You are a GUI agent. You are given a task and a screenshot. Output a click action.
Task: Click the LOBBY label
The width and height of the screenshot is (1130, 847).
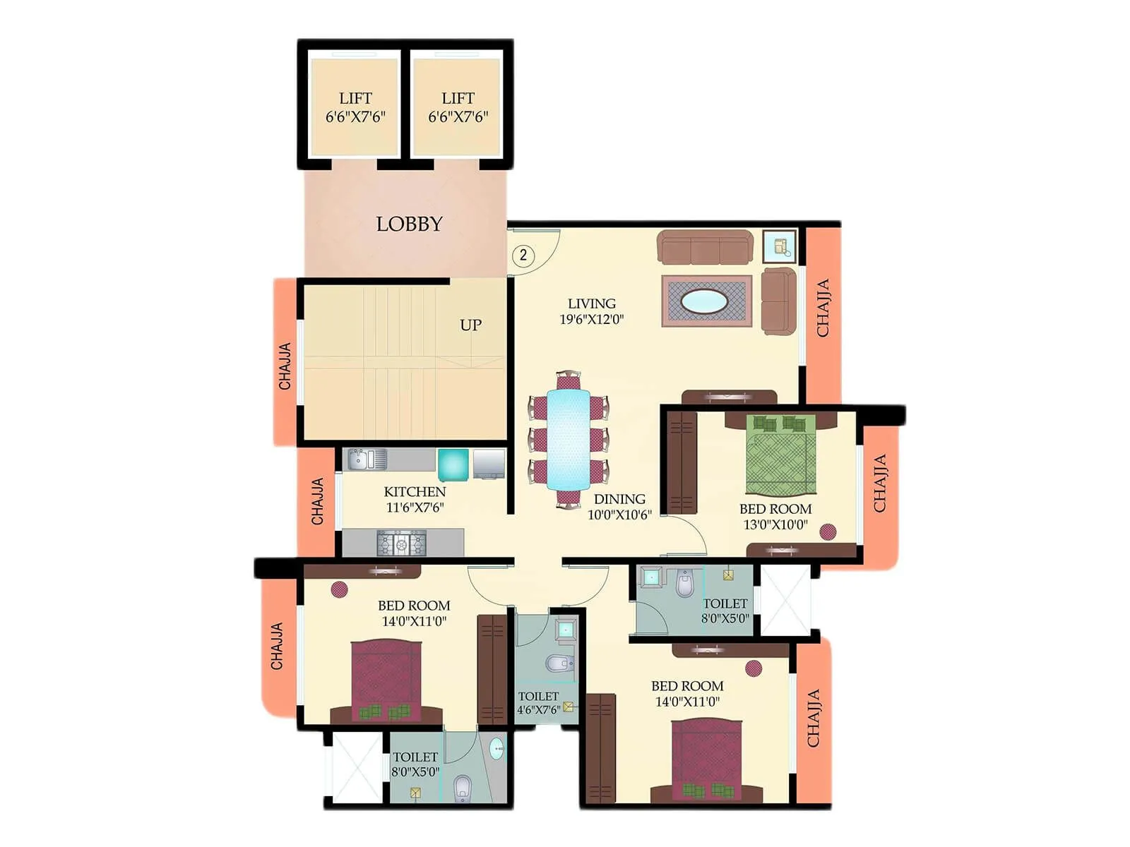409,224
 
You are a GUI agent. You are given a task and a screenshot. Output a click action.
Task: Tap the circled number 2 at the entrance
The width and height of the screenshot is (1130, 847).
523,255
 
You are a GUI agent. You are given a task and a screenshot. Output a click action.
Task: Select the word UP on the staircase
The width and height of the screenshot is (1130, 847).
470,325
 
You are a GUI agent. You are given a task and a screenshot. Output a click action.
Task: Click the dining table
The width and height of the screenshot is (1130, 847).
569,438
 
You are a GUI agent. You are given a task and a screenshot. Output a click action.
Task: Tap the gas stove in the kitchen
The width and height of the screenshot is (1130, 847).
401,543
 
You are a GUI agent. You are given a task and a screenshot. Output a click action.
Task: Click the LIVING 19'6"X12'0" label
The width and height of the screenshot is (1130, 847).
592,311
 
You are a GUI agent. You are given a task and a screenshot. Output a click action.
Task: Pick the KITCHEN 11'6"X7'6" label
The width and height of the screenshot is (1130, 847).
415,499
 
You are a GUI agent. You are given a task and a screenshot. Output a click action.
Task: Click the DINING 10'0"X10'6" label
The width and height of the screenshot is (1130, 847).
619,507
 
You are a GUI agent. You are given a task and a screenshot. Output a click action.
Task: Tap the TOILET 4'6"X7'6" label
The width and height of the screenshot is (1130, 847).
538,703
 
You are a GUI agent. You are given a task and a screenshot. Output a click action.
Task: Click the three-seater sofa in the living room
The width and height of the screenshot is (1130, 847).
704,247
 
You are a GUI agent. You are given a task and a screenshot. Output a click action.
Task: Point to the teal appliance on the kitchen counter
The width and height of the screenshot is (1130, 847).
453,464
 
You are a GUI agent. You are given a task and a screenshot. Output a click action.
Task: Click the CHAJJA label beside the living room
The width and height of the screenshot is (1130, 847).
823,308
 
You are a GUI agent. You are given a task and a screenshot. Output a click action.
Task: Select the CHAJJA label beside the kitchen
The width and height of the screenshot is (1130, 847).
318,501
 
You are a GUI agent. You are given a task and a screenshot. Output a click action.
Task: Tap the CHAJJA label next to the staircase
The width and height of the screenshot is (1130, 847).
285,366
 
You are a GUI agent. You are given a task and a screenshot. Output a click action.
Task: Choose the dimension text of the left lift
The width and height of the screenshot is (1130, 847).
355,117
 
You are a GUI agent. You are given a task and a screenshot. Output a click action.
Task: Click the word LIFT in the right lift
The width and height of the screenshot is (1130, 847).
458,98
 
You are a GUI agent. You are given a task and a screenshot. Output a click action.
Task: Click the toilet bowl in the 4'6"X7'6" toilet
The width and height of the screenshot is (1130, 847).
559,663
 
